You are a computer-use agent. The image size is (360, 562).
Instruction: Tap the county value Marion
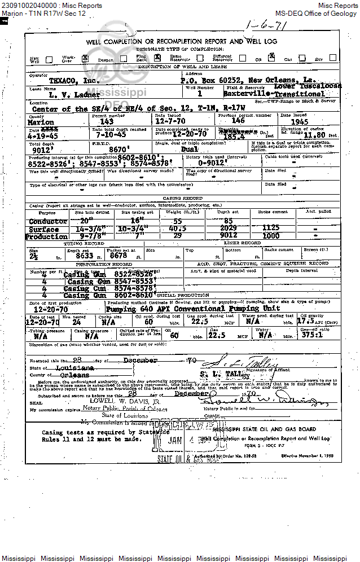(41, 122)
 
